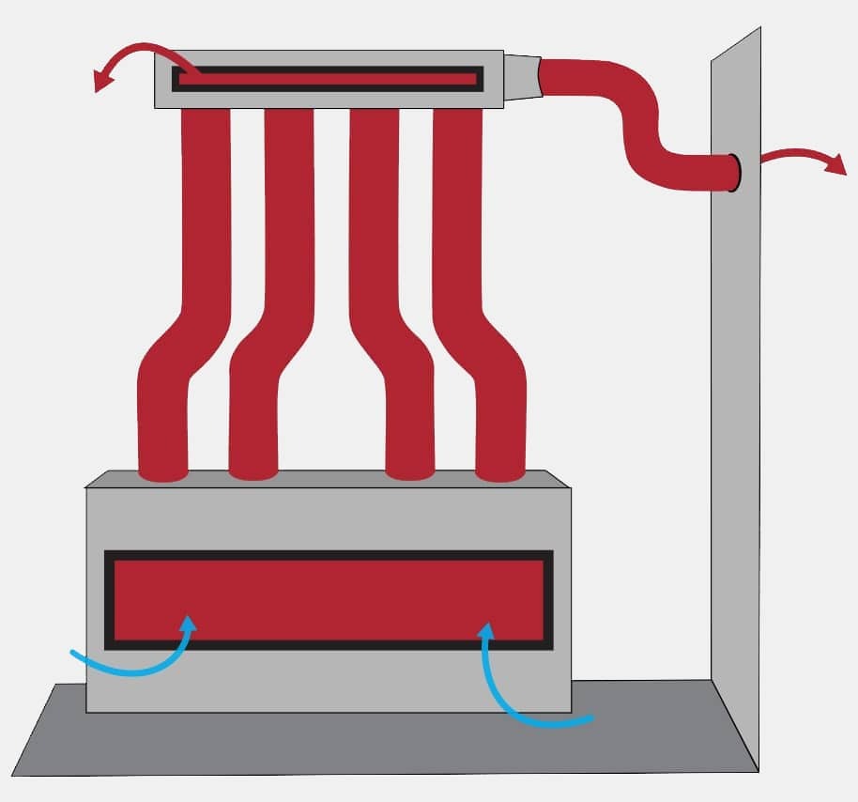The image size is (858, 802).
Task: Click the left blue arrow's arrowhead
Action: [191, 624]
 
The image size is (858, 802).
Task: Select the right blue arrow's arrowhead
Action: [486, 631]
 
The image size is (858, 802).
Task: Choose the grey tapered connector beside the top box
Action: [524, 76]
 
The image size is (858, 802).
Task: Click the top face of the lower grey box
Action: [329, 478]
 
